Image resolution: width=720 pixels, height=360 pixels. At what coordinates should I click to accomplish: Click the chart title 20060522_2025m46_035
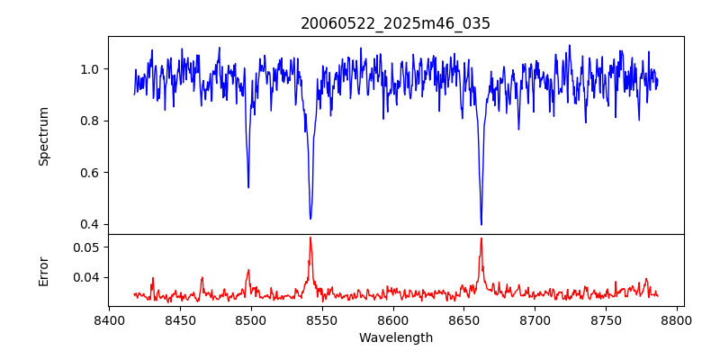395,24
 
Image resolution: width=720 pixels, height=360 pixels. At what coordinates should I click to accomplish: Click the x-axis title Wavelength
395,338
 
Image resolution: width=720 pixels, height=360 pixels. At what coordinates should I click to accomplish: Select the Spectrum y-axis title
44,136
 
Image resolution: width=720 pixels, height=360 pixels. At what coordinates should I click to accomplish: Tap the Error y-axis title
44,269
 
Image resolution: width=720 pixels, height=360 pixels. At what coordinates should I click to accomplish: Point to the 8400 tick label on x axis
109,319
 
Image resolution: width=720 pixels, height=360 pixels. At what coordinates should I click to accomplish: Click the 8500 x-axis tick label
250,319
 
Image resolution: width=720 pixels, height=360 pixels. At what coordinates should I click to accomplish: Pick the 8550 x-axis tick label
321,319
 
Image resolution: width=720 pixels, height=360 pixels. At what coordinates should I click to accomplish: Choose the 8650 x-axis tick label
463,319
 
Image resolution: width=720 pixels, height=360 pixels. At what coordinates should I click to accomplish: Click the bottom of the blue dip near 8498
248,187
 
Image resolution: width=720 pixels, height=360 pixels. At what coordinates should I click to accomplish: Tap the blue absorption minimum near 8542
310,219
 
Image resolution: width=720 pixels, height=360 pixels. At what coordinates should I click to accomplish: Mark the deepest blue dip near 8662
481,224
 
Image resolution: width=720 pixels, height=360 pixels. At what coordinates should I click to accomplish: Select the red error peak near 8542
310,238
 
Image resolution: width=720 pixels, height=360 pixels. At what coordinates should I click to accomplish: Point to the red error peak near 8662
481,238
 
